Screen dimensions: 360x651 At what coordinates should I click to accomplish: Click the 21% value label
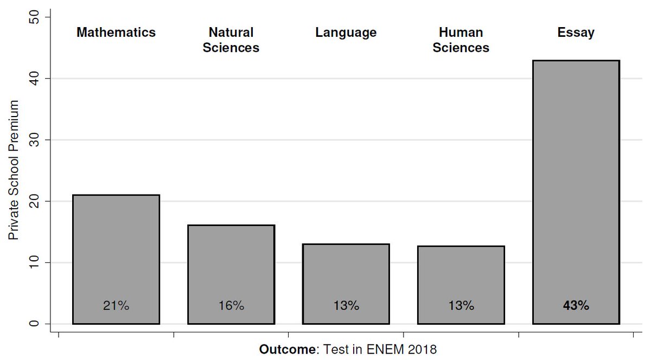[x=116, y=306]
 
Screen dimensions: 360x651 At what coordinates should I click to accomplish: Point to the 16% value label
[x=231, y=306]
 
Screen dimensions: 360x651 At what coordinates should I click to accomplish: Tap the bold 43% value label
[x=576, y=306]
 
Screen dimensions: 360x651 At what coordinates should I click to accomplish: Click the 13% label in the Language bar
[x=346, y=306]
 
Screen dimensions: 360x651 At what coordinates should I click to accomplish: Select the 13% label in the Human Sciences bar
[x=461, y=306]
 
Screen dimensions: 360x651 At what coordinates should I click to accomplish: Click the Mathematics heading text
[x=116, y=33]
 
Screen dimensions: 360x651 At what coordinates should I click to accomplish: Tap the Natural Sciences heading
[x=231, y=40]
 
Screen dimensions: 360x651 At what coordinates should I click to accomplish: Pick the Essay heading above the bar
[x=576, y=33]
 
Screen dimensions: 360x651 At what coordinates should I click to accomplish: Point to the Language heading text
[x=346, y=33]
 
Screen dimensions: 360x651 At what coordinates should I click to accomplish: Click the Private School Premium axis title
[x=14, y=170]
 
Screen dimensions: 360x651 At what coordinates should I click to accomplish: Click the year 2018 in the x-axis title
[x=423, y=350]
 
